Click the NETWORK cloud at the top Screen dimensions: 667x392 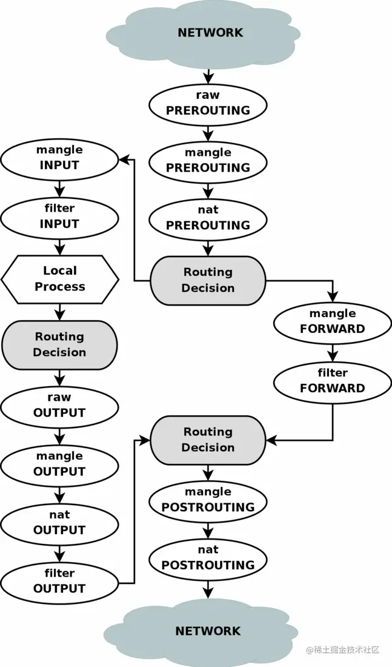pos(210,33)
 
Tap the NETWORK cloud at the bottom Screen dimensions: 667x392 pos(208,631)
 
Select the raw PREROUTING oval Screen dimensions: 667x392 pos(208,103)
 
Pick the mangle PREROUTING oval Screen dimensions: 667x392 pos(208,161)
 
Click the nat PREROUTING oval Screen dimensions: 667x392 pos(208,218)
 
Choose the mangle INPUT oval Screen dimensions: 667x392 pos(59,157)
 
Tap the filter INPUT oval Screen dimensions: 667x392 pos(59,216)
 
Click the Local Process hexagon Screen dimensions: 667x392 pos(59,279)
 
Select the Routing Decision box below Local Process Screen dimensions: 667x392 pos(59,344)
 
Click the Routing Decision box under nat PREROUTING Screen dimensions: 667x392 pos(208,280)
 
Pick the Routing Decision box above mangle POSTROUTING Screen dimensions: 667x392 pos(208,440)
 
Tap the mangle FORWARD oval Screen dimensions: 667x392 pos(333,321)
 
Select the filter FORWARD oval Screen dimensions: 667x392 pos(333,381)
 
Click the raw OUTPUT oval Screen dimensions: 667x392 pos(59,405)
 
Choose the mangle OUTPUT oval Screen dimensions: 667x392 pos(59,464)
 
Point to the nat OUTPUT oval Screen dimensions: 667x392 pos(59,523)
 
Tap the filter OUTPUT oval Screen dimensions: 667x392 pos(59,581)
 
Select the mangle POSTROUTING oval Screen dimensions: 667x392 pos(208,500)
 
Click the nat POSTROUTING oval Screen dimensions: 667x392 pos(208,558)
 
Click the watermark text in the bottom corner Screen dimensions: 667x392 pos(342,650)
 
